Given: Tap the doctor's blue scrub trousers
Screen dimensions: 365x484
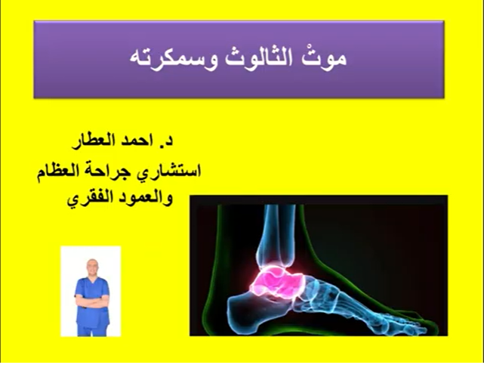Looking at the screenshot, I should click(x=91, y=320).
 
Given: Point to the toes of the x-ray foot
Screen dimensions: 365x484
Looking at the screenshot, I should click(x=419, y=317).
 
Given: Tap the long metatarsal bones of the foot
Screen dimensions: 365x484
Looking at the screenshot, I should click(x=355, y=298).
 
